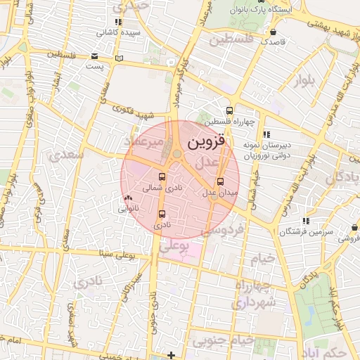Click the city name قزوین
coord(208,141)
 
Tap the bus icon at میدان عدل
coord(219,180)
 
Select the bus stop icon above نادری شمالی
coord(162,177)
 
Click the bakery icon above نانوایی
coord(127,199)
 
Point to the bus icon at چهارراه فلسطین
coord(229,110)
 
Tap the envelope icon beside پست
coord(95,56)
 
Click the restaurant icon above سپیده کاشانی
coord(118,22)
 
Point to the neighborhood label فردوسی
coord(224,230)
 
